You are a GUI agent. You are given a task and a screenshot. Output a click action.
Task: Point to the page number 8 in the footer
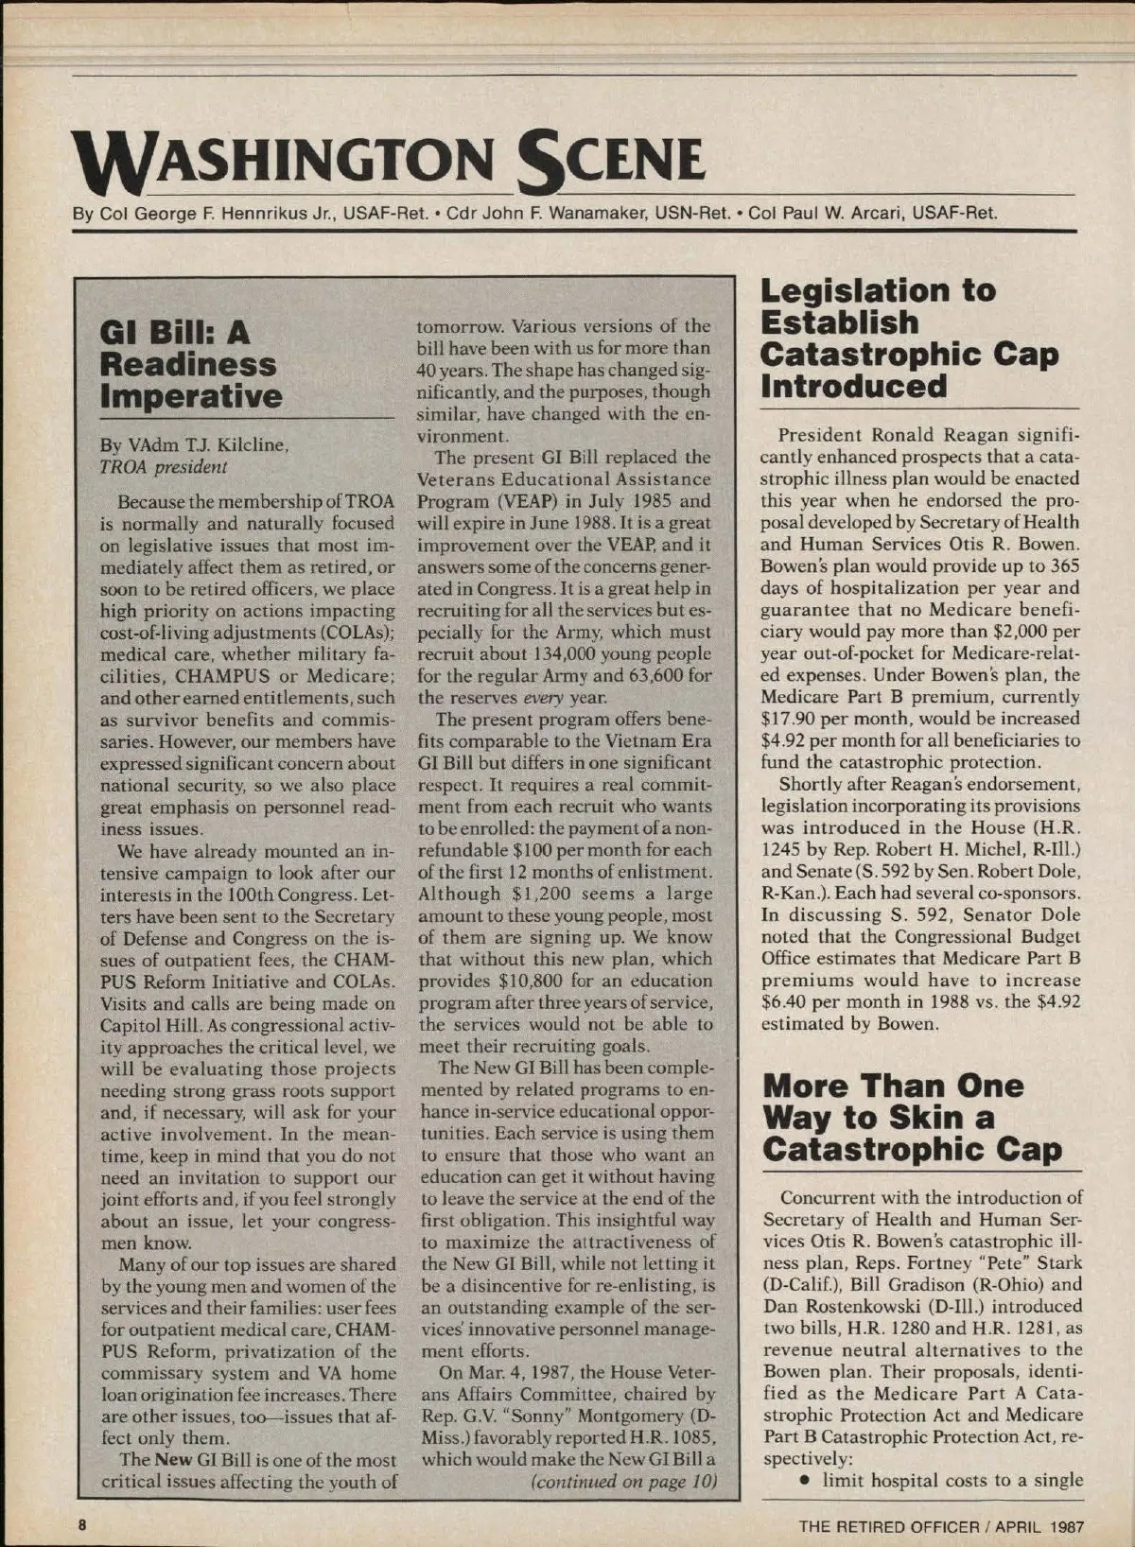[83, 1524]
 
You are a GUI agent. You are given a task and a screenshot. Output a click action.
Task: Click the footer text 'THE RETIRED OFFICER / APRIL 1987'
[941, 1525]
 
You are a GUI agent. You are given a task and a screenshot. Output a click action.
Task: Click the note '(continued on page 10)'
[623, 1481]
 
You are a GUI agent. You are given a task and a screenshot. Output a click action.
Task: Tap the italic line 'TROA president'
[164, 466]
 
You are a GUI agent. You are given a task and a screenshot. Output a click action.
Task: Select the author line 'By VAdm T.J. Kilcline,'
[194, 444]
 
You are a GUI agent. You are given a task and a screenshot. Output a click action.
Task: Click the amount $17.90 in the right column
[791, 719]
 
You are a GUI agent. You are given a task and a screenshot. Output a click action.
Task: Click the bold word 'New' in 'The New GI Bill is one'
[174, 1460]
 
